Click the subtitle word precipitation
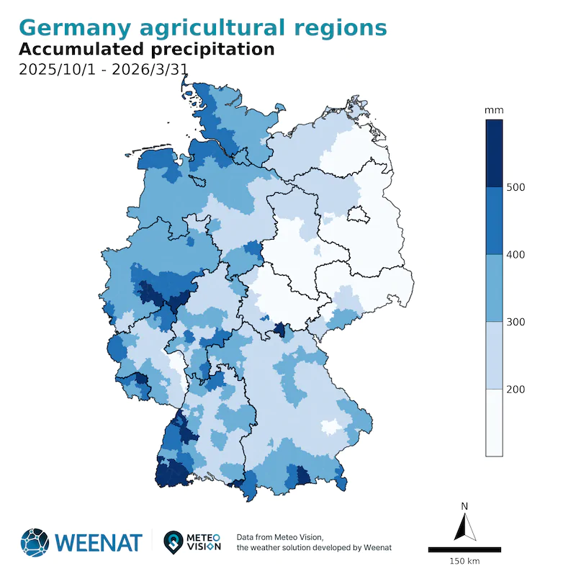click(213, 50)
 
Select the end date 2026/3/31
click(143, 71)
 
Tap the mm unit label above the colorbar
click(494, 110)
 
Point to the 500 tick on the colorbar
click(516, 187)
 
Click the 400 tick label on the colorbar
click(516, 255)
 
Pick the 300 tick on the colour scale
click(516, 322)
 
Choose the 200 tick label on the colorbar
click(516, 390)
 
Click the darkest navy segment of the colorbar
click(494, 153)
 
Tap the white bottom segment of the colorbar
click(494, 423)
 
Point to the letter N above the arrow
click(465, 506)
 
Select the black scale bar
click(464, 549)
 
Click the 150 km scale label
click(464, 561)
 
